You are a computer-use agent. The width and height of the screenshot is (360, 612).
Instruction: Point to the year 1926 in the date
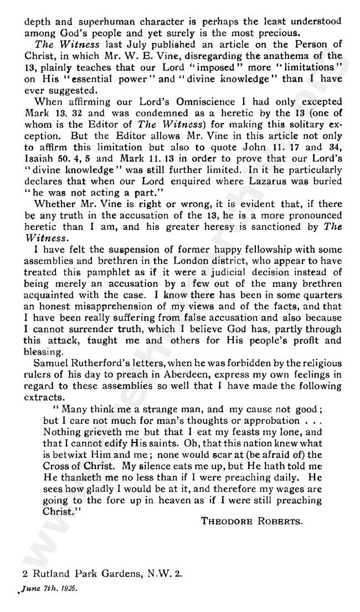pos(68,589)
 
